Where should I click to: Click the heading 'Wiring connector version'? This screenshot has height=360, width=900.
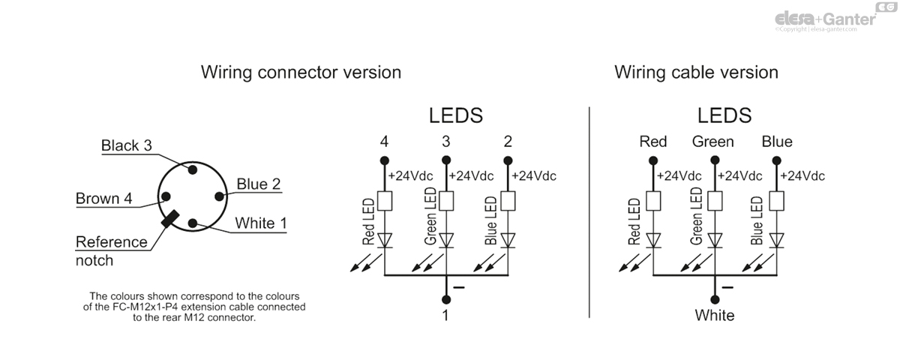301,72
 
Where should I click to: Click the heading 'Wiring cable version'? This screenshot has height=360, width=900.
696,72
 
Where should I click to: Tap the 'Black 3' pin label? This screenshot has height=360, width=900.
126,145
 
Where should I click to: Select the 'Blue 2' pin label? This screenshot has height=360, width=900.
258,184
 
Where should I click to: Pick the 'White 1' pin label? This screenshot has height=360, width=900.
260,223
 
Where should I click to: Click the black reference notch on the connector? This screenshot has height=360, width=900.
169,218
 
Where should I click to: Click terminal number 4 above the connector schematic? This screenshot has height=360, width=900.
384,142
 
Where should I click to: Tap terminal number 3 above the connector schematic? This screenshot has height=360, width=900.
446,142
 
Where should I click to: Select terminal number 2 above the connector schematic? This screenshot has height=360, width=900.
508,142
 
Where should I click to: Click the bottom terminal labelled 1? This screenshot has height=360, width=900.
445,315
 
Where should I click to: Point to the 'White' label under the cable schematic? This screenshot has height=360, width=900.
714,315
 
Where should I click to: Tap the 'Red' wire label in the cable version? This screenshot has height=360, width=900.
652,142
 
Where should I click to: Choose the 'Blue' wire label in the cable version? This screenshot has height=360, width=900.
776,142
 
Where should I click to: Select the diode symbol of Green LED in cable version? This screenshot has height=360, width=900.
715,240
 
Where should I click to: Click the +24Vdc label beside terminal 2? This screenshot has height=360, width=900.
534,176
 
